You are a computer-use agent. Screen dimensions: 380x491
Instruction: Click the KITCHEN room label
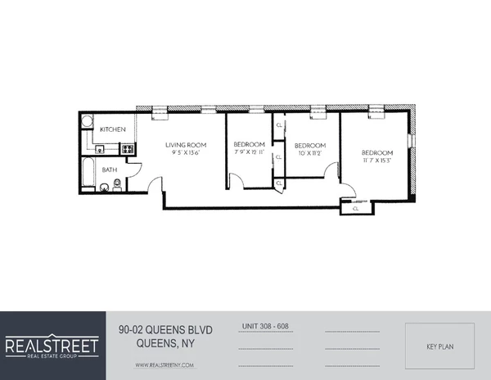(112, 130)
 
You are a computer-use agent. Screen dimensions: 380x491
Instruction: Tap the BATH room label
(110, 170)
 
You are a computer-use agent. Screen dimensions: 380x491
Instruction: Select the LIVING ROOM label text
(182, 144)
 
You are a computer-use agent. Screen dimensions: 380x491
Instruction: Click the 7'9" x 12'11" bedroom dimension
(249, 152)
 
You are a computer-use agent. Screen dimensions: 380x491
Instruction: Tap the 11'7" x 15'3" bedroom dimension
(376, 161)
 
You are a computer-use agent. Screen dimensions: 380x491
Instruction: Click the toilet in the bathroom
(117, 187)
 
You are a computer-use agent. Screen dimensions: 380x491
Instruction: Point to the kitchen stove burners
(127, 150)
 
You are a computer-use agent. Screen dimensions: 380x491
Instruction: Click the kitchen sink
(98, 149)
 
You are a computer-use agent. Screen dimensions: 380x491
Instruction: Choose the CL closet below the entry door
(355, 208)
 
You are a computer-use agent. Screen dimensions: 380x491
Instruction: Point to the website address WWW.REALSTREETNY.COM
(164, 364)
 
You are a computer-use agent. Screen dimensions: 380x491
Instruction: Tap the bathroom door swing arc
(135, 169)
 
